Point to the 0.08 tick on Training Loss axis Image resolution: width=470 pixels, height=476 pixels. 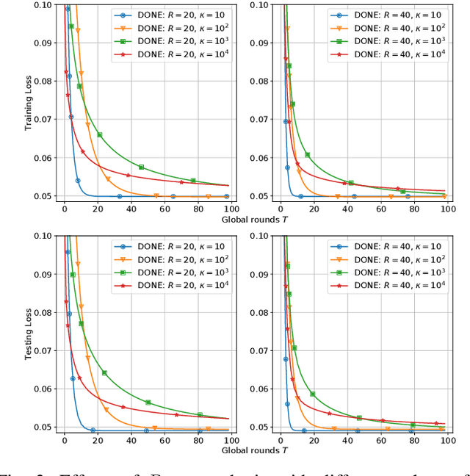point(46,81)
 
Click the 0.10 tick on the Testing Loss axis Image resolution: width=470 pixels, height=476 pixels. point(46,236)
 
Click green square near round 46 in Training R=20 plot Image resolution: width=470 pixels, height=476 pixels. point(141,167)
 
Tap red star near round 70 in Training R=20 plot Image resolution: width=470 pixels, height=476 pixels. point(181,182)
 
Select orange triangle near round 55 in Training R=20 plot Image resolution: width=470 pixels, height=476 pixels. point(156,196)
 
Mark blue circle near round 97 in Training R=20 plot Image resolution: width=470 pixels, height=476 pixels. point(226,196)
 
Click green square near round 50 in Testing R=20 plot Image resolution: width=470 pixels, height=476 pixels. point(148,403)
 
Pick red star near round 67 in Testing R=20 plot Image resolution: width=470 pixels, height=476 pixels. point(176,415)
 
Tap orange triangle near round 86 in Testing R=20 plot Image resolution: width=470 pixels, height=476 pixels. point(208,429)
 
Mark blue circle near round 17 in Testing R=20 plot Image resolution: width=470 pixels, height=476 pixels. point(93,430)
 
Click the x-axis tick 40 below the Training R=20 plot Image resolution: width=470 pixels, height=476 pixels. point(131,208)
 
